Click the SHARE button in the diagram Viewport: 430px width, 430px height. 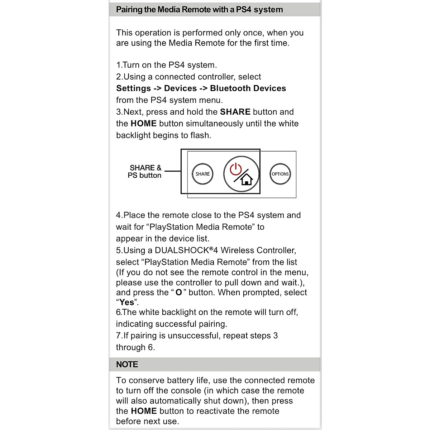[202, 174]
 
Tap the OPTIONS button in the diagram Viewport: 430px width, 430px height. [280, 174]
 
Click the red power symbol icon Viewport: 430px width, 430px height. [236, 169]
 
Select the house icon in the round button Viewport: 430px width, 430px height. [247, 178]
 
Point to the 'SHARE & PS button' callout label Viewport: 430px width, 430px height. [145, 171]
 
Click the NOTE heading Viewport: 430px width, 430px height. [127, 364]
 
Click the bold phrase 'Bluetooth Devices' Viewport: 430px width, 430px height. [248, 89]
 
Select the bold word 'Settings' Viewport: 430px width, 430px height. [133, 89]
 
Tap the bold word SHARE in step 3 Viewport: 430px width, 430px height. [235, 112]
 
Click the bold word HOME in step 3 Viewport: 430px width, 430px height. [143, 124]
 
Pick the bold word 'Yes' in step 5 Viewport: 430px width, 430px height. [126, 302]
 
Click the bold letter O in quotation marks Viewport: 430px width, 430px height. [178, 292]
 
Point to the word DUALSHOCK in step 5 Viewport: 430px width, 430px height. [182, 250]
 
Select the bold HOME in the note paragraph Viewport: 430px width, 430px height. [144, 411]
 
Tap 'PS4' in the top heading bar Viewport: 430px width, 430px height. [243, 10]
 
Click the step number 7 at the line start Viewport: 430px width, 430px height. [119, 336]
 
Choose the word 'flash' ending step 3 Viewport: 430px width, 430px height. [201, 135]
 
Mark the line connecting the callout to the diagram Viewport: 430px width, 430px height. [173, 171]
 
